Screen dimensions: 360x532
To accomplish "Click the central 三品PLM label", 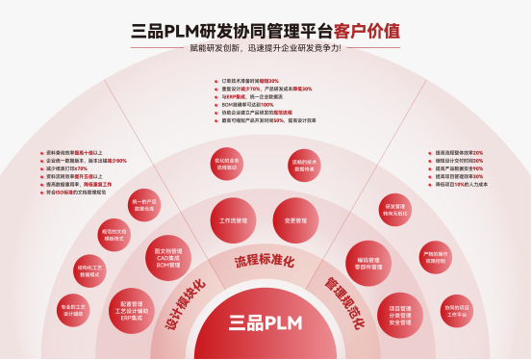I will click(265, 322).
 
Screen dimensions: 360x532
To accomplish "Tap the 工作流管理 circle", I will click(233, 220).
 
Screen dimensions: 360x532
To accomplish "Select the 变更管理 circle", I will click(295, 220).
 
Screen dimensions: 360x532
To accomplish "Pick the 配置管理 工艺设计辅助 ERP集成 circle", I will click(127, 307).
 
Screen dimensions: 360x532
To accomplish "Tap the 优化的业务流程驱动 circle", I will click(227, 163).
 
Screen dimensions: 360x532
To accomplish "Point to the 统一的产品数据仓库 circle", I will click(144, 204).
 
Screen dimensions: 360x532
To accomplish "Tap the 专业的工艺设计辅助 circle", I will click(73, 310).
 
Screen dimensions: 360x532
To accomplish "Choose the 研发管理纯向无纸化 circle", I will click(396, 209).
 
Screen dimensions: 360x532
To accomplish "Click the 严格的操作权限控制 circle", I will click(435, 259).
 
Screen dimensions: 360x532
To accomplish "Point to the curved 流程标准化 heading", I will click(264, 261).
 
